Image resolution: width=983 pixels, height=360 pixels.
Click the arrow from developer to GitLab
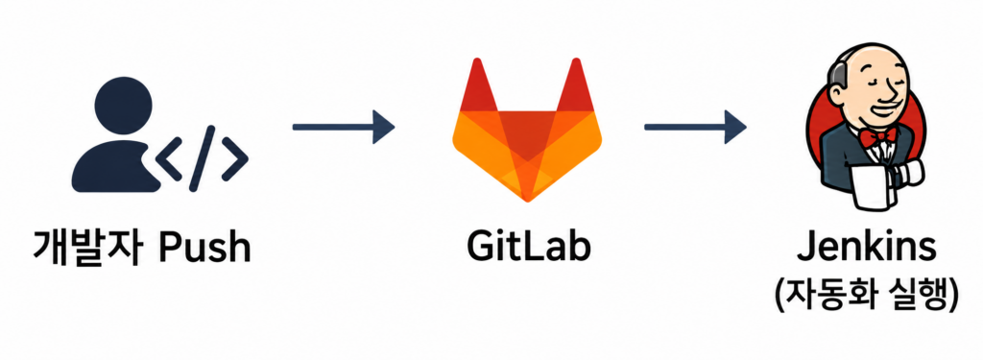pyautogui.click(x=344, y=128)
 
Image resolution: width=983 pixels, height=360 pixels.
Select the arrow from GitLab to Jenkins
pyautogui.click(x=695, y=128)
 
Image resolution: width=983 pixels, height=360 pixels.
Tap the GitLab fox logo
pyautogui.click(x=527, y=130)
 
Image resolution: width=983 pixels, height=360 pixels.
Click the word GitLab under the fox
pyautogui.click(x=527, y=247)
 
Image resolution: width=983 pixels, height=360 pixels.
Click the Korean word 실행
pyautogui.click(x=909, y=293)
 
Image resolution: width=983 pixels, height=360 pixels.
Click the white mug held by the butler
pyautogui.click(x=873, y=186)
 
